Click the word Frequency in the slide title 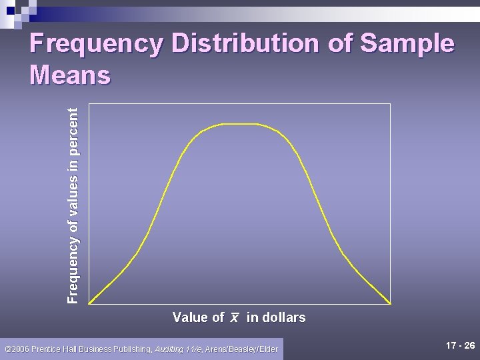[97, 44]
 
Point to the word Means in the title [70, 75]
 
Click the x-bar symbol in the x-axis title [235, 318]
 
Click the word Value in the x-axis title [190, 317]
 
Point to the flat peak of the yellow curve [238, 124]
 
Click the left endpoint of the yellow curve [89, 303]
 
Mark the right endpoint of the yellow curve [390, 303]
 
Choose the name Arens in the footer [217, 349]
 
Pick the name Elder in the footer [267, 349]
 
